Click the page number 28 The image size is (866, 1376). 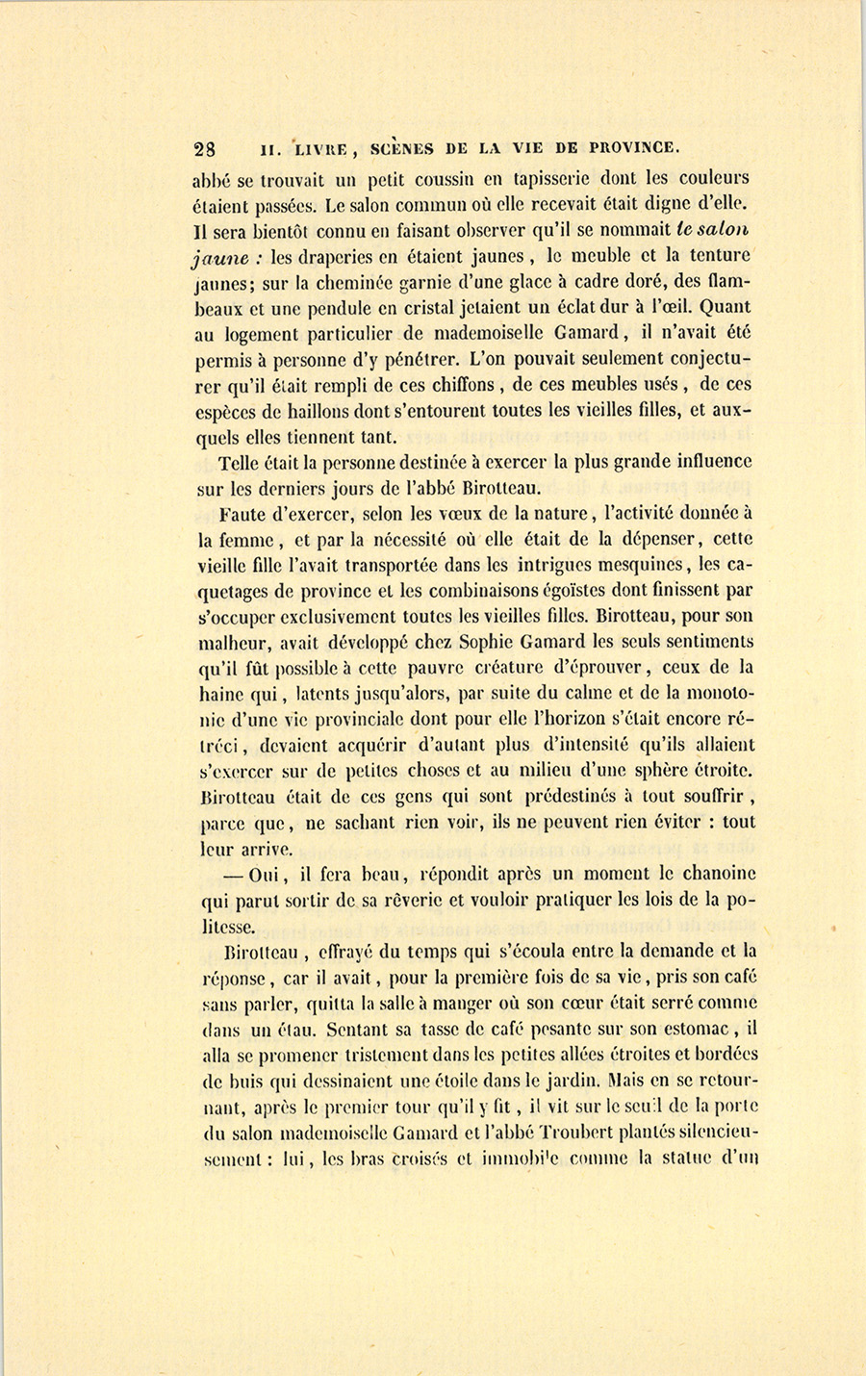click(x=205, y=149)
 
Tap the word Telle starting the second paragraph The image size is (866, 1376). click(x=238, y=462)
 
